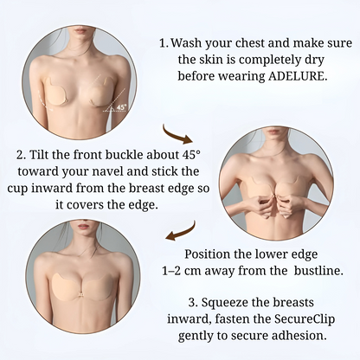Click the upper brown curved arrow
pos(202,132)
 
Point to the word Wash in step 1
pos(190,42)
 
